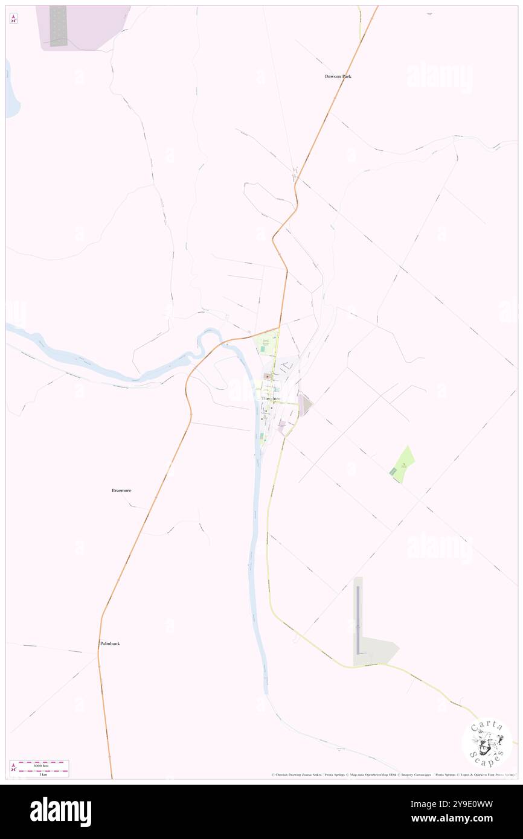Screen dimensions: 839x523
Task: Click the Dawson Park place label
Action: pos(338,77)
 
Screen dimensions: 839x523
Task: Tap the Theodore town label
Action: pos(271,399)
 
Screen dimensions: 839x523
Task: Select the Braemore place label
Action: pos(121,491)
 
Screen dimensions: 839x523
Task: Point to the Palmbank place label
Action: pos(110,643)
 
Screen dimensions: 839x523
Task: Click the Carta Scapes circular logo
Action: pos(487,742)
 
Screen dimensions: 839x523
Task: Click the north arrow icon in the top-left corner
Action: pos(13,18)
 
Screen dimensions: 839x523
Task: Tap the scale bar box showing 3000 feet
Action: pos(39,768)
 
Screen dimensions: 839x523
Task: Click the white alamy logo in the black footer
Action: pos(60,812)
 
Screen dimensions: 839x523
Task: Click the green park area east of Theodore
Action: pos(403,464)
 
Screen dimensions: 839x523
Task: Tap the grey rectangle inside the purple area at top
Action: pos(58,26)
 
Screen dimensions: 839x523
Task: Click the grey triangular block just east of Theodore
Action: pos(306,404)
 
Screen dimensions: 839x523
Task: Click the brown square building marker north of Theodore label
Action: pos(267,377)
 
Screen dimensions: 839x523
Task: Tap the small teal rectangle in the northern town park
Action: pos(263,349)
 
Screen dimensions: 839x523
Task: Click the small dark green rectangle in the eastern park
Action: pos(394,471)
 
